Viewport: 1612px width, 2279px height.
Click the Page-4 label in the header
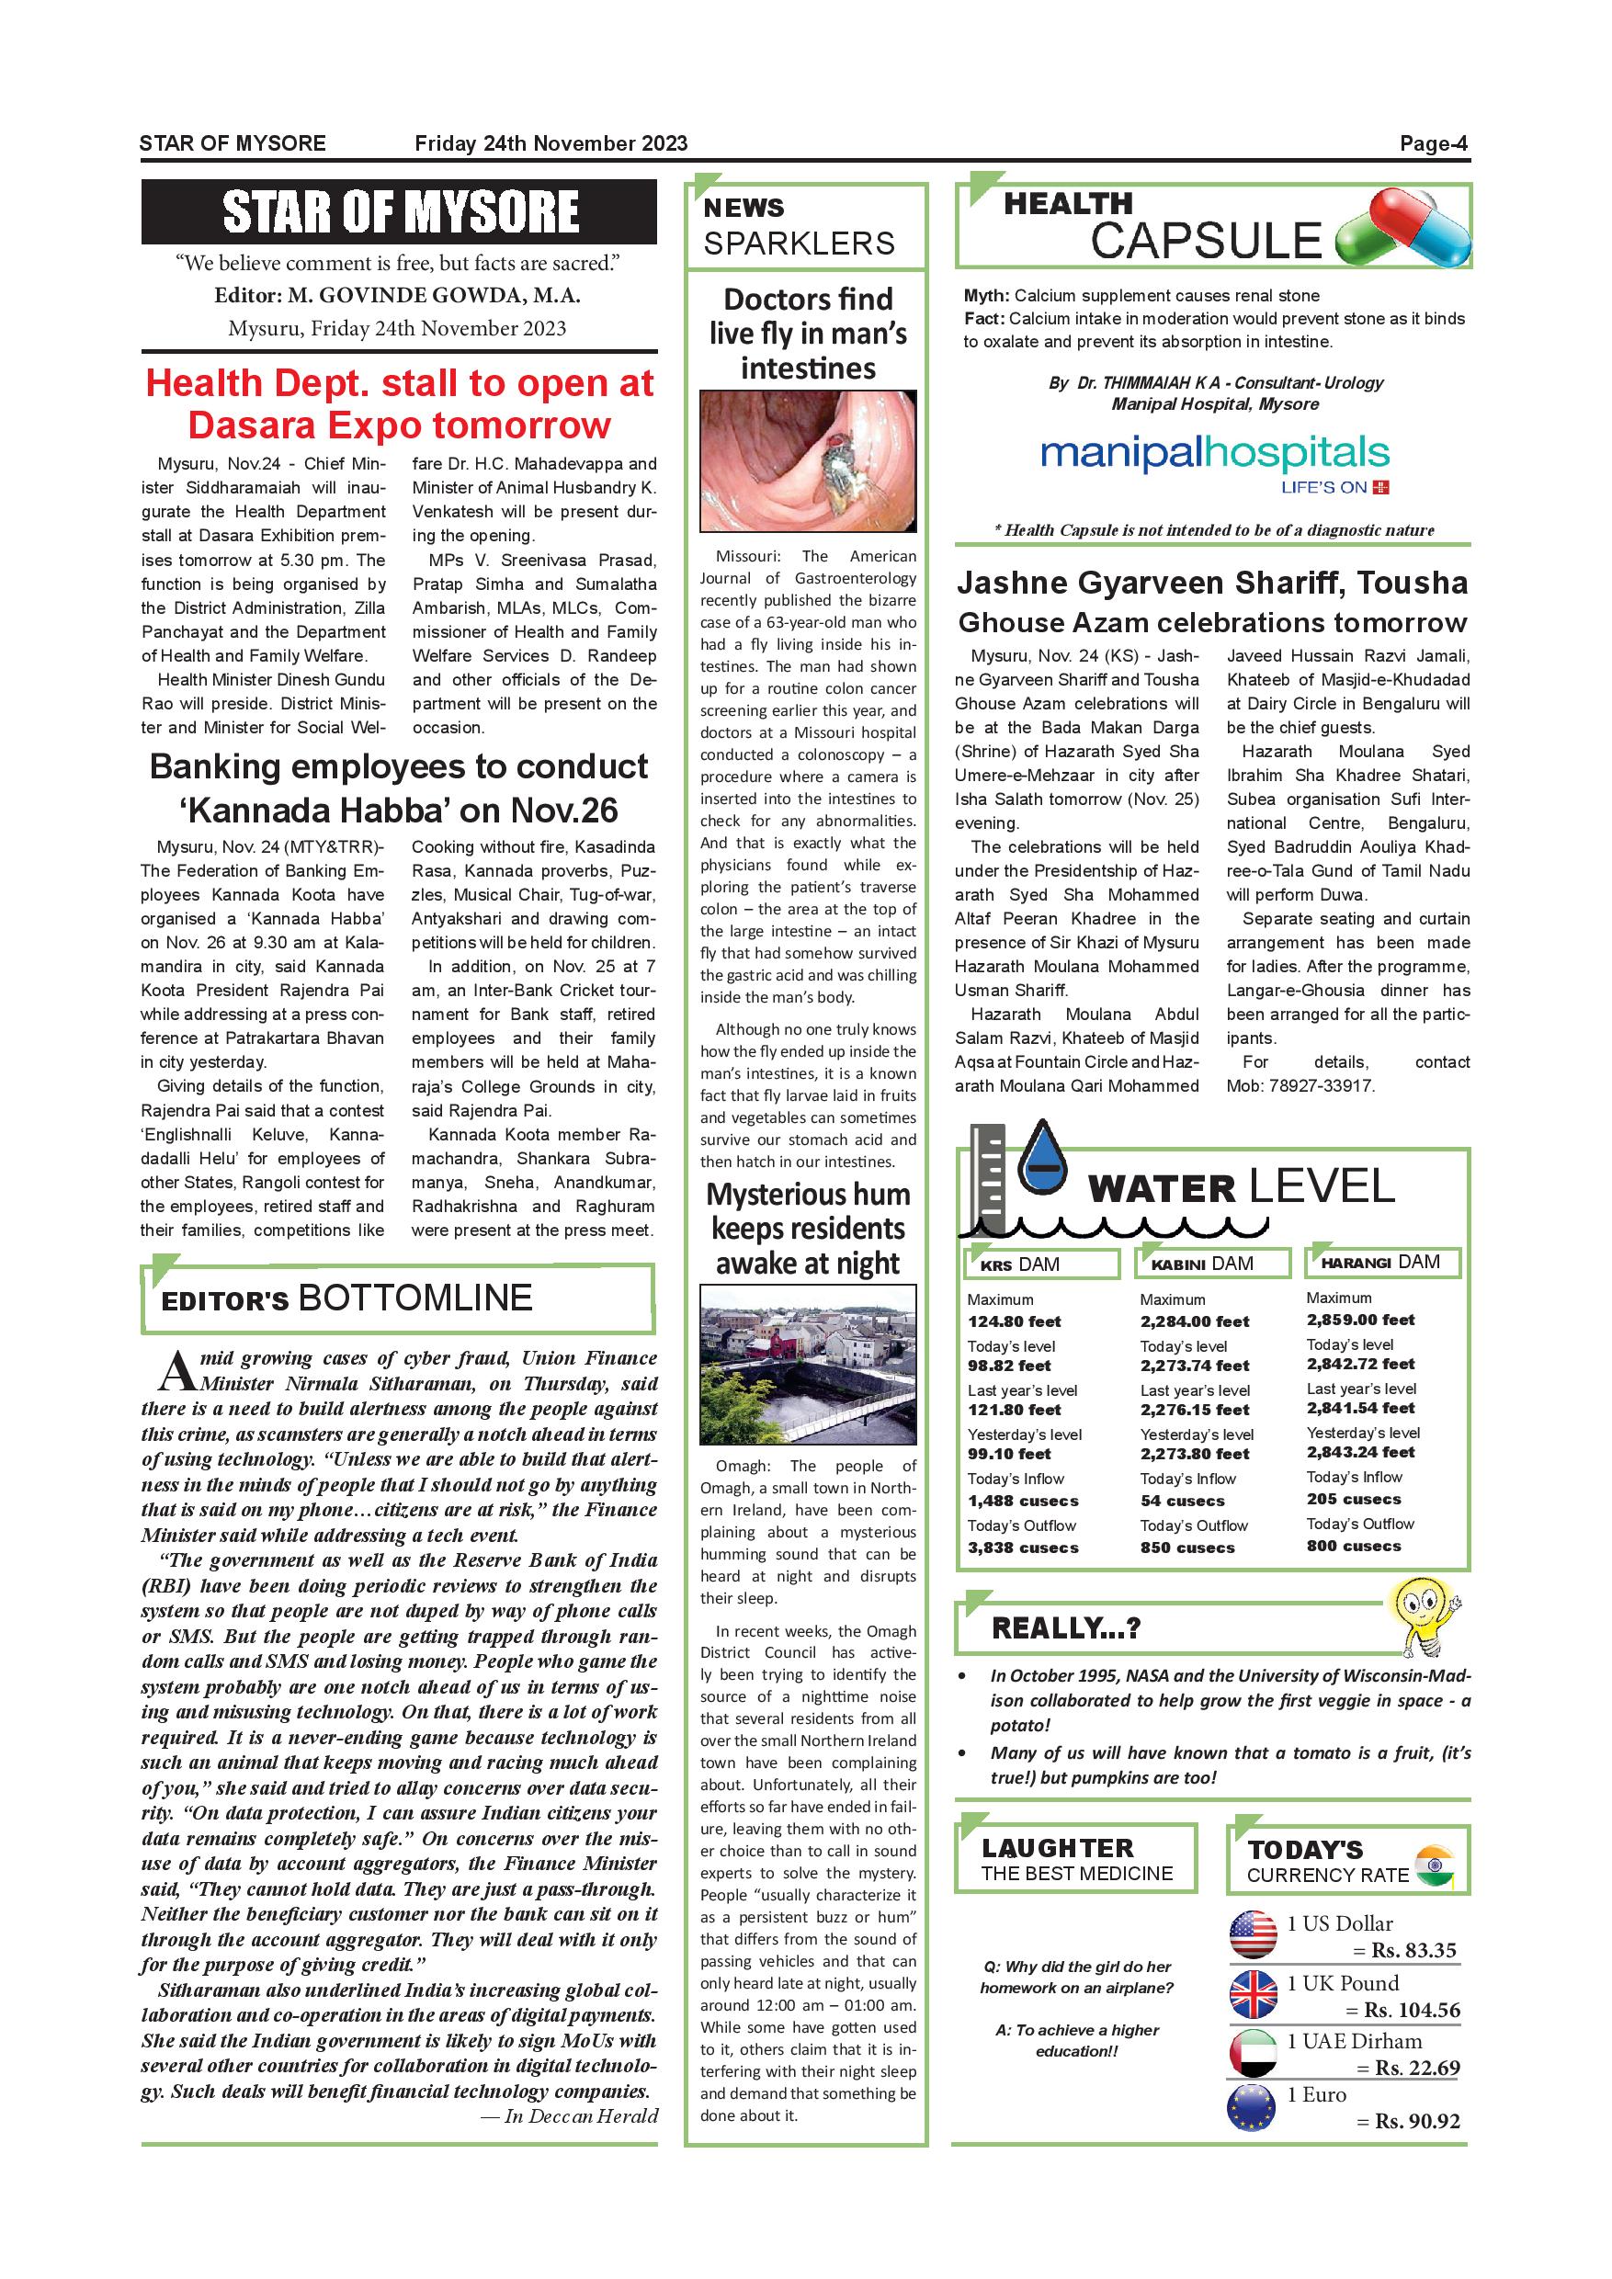point(1433,144)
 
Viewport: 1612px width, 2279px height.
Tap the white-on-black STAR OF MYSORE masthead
point(399,211)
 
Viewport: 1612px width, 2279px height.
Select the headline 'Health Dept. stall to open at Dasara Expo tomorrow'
point(399,404)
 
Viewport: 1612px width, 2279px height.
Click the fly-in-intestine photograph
point(807,460)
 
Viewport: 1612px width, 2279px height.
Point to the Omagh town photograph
point(807,1364)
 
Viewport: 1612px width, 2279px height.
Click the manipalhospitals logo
point(1214,458)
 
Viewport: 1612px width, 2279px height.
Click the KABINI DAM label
point(1201,1264)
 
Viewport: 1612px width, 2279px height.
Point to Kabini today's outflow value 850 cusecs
point(1187,1548)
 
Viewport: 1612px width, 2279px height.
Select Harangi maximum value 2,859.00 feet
point(1360,1320)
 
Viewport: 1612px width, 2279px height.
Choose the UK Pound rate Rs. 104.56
point(1412,2010)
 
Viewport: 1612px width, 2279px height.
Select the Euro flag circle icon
point(1251,2107)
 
